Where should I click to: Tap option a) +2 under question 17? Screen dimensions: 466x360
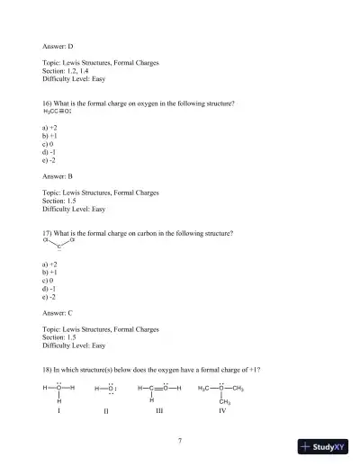(x=50, y=262)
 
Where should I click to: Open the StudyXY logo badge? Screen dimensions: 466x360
(x=323, y=447)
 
